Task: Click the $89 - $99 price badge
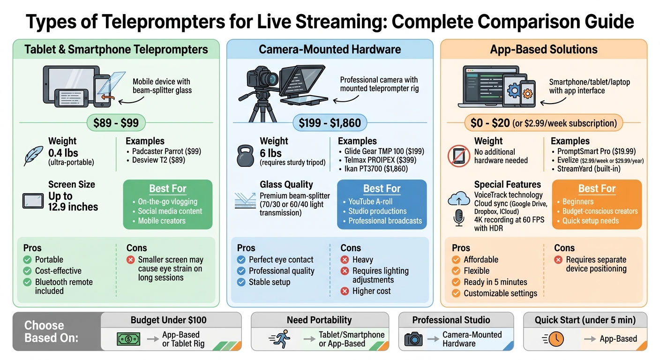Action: tap(116, 123)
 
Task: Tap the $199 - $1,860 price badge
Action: tap(330, 123)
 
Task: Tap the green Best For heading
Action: tap(167, 188)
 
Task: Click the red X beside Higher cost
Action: tap(345, 291)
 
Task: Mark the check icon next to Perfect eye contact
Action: tap(241, 260)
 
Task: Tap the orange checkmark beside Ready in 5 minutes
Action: tap(456, 282)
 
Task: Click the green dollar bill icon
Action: tap(128, 339)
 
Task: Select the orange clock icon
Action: tap(555, 339)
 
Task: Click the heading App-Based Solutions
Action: tap(544, 49)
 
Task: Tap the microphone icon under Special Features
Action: tap(459, 218)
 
